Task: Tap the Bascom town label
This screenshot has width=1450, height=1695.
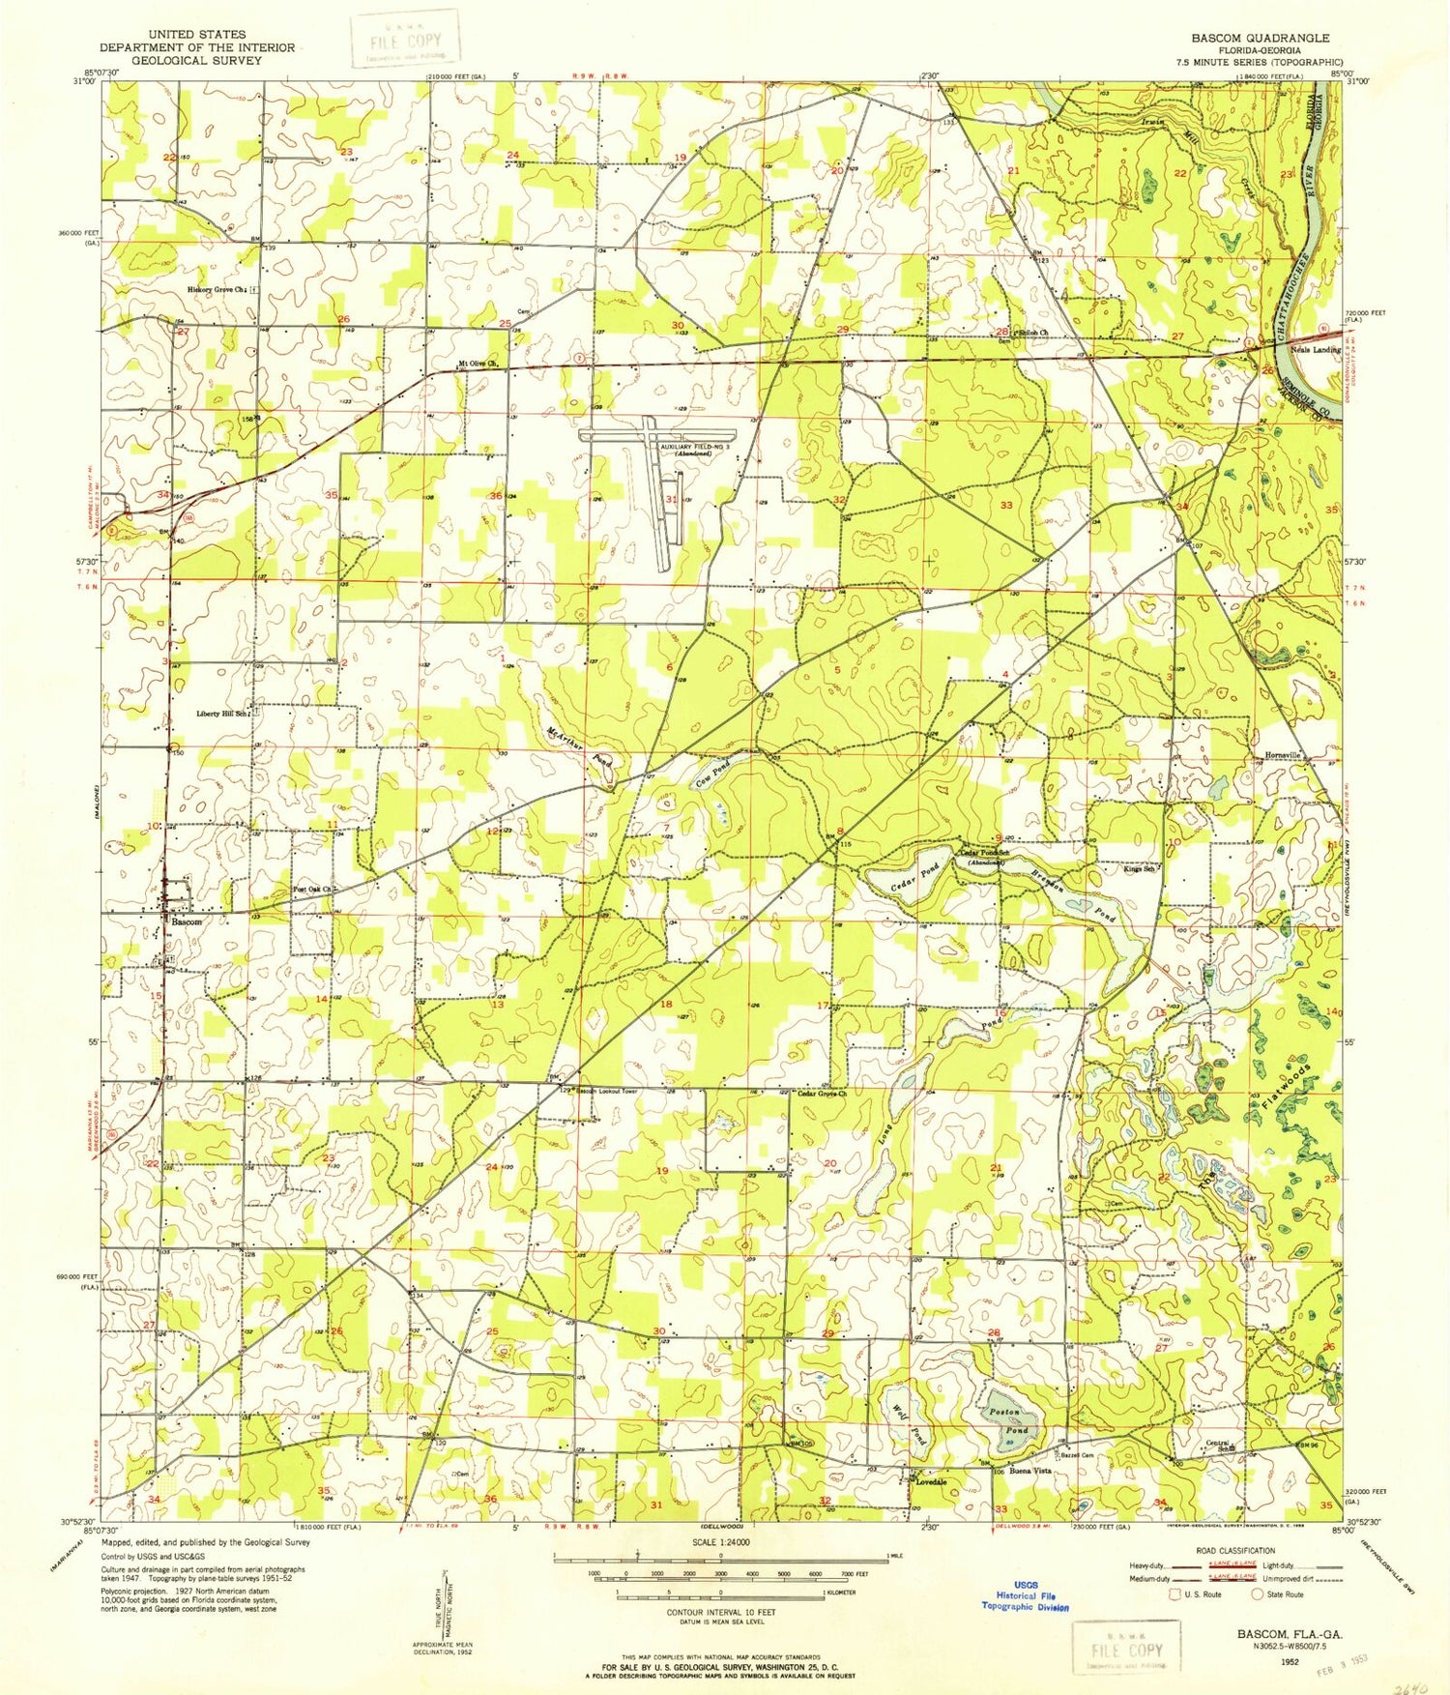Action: (187, 922)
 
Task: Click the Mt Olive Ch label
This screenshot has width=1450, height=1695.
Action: (478, 365)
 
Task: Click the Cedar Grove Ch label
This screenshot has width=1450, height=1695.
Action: (823, 1094)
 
